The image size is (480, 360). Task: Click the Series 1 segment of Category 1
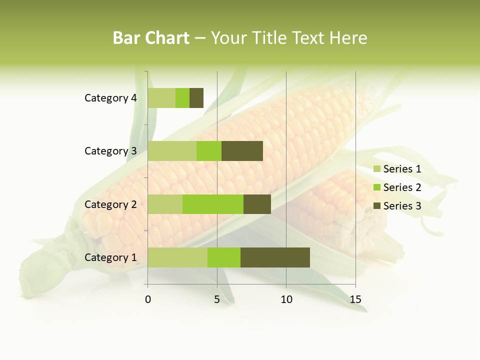pos(177,257)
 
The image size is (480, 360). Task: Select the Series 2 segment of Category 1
pos(224,257)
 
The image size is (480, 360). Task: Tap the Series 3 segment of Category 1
pos(275,257)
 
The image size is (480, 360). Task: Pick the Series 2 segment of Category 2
pos(213,204)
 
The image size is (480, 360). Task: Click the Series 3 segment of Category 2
pos(257,204)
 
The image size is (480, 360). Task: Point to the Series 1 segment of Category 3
pos(172,151)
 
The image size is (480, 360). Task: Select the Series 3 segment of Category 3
pos(242,151)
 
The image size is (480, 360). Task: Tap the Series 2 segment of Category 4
pos(182,98)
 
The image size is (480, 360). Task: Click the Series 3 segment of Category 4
pos(196,98)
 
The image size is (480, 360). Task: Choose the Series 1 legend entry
pos(397,169)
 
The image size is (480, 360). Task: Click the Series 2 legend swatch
pos(377,187)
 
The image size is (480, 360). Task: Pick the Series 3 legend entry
pos(397,205)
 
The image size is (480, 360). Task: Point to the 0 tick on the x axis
pos(148,299)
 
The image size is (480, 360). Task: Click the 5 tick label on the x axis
pos(217,299)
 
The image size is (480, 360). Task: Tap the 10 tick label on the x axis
pos(286,299)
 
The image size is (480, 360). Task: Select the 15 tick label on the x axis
pos(355,299)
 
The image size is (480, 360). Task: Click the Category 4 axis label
pos(110,98)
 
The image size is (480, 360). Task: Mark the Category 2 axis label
pos(110,204)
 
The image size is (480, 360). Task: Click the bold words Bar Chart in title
pos(151,38)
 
